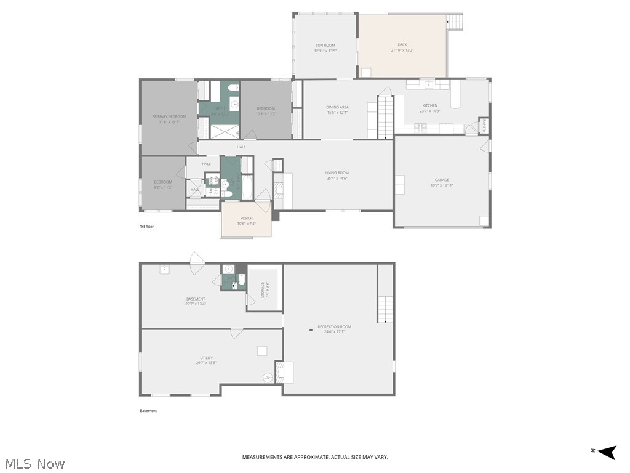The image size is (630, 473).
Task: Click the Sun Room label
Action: (325, 45)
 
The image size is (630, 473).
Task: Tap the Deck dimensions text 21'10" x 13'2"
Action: (402, 50)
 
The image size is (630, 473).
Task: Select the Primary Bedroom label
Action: (169, 116)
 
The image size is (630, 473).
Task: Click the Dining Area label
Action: (337, 107)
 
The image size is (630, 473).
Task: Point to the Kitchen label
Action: (429, 106)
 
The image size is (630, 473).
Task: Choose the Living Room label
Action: (337, 173)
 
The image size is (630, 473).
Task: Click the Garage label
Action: (442, 180)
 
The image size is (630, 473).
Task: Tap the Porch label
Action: (246, 218)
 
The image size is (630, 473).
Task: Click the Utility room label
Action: (205, 358)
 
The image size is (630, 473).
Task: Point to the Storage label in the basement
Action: (263, 289)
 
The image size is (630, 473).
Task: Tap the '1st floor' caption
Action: (146, 227)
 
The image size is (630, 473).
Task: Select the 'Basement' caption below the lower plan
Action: (148, 411)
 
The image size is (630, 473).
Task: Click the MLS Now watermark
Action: (34, 463)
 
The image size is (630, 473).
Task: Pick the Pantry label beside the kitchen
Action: (484, 125)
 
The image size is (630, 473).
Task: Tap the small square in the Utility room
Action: (262, 350)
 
